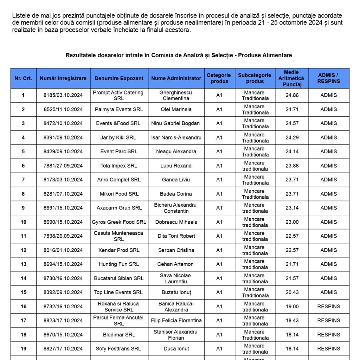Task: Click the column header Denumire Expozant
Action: (119, 78)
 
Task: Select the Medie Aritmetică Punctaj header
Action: (291, 78)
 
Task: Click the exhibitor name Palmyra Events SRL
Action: (119, 109)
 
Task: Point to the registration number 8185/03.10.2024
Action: (63, 95)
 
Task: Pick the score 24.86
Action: (292, 95)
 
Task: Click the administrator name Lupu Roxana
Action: (176, 166)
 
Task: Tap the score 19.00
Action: (292, 307)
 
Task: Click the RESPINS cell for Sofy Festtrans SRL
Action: (329, 349)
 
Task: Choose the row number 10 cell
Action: (23, 222)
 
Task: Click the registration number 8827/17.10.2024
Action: (63, 349)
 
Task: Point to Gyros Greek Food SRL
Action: (119, 222)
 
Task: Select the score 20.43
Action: (292, 292)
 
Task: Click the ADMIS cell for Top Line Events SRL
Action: (329, 292)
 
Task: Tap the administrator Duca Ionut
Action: (176, 349)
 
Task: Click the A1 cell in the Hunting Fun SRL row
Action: (219, 264)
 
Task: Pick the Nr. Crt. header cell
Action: (23, 78)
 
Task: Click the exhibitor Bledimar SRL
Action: (119, 335)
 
